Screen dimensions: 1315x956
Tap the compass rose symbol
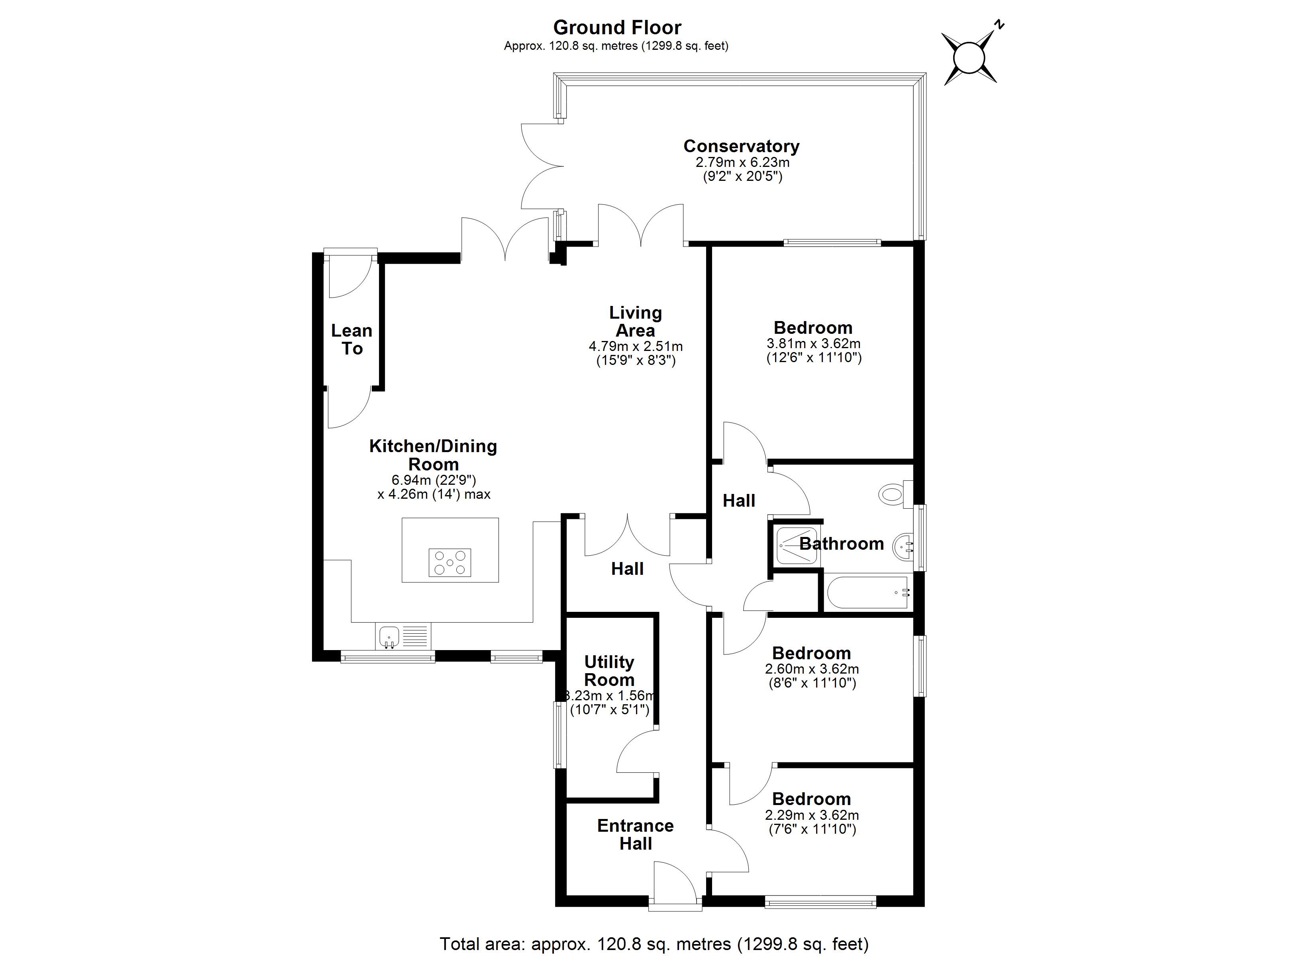coord(970,58)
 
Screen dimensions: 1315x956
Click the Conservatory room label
coord(742,146)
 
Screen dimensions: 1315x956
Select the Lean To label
coord(351,340)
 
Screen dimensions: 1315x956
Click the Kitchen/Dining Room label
coord(433,455)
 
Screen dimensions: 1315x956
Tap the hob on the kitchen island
coord(450,562)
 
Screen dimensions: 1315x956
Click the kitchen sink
coord(389,636)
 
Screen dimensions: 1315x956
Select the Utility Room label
coord(609,671)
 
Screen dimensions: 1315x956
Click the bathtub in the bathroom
coord(868,592)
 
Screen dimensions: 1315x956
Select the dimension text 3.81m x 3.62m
coord(813,343)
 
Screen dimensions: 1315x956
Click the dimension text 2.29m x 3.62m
coord(812,815)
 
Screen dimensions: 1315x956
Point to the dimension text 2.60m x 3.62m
coord(812,669)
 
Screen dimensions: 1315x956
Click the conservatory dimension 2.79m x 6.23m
coord(742,163)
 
